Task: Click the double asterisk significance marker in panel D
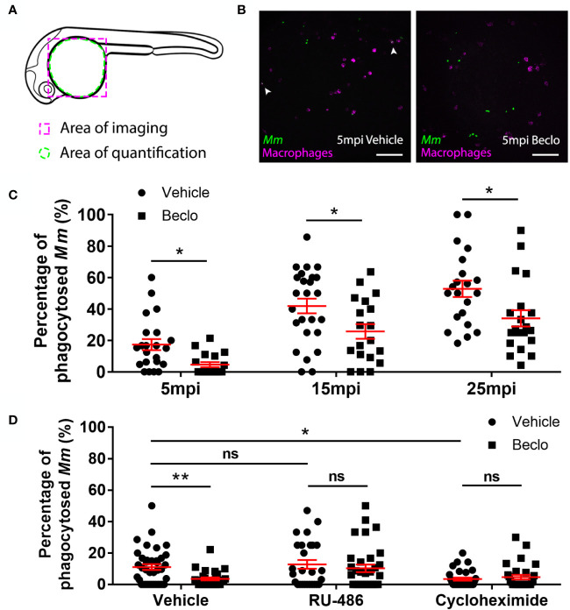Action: (x=180, y=479)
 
